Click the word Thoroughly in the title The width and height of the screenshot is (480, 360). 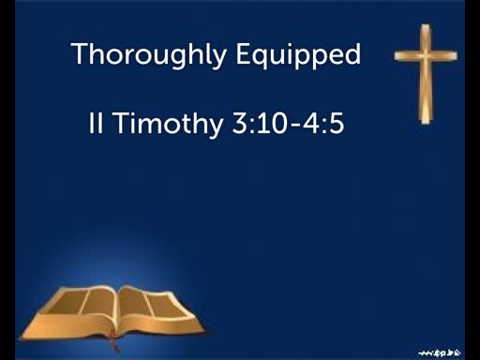pos(148,54)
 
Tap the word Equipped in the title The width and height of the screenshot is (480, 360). pos(298,54)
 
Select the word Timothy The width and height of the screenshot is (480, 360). pos(168,124)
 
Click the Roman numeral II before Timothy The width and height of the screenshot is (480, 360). pos(96,123)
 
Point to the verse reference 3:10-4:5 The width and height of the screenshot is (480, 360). pos(288,123)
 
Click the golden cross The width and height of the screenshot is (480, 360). pos(426,74)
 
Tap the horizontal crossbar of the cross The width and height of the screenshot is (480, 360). pos(426,56)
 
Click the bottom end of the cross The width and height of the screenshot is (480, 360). pos(426,123)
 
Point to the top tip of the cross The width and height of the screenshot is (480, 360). pos(425,25)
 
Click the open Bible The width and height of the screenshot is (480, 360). pos(113,316)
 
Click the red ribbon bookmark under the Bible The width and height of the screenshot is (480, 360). pos(114,344)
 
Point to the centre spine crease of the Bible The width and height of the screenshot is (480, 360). pos(117,312)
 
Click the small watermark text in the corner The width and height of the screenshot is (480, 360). pos(440,353)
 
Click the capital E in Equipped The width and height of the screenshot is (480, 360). pos(244,53)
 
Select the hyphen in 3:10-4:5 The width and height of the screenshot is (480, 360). pos(294,125)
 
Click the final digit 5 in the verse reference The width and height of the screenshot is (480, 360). pos(337,123)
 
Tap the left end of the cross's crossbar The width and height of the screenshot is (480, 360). pos(396,56)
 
